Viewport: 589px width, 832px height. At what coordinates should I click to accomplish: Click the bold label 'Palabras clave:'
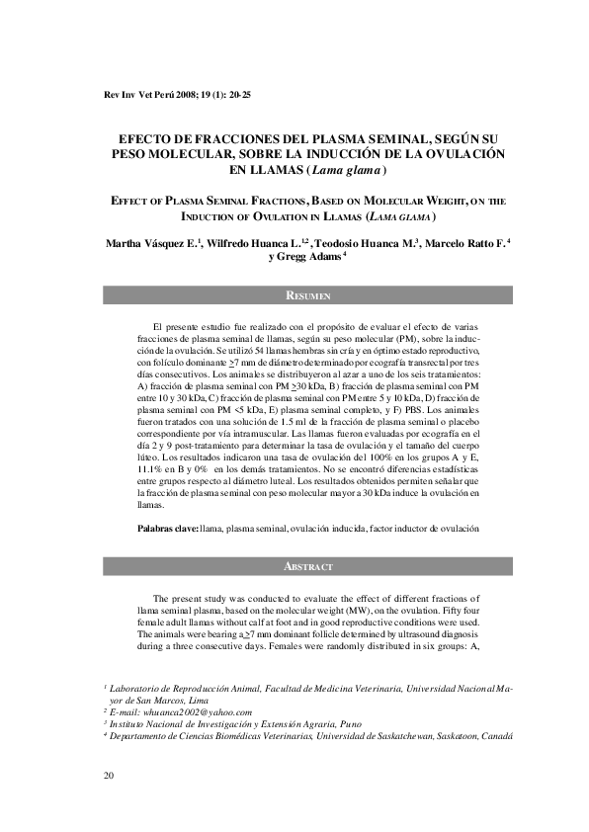click(168, 530)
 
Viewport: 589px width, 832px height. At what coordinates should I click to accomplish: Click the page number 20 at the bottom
click(108, 775)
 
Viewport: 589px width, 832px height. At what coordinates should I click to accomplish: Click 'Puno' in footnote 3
click(323, 724)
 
